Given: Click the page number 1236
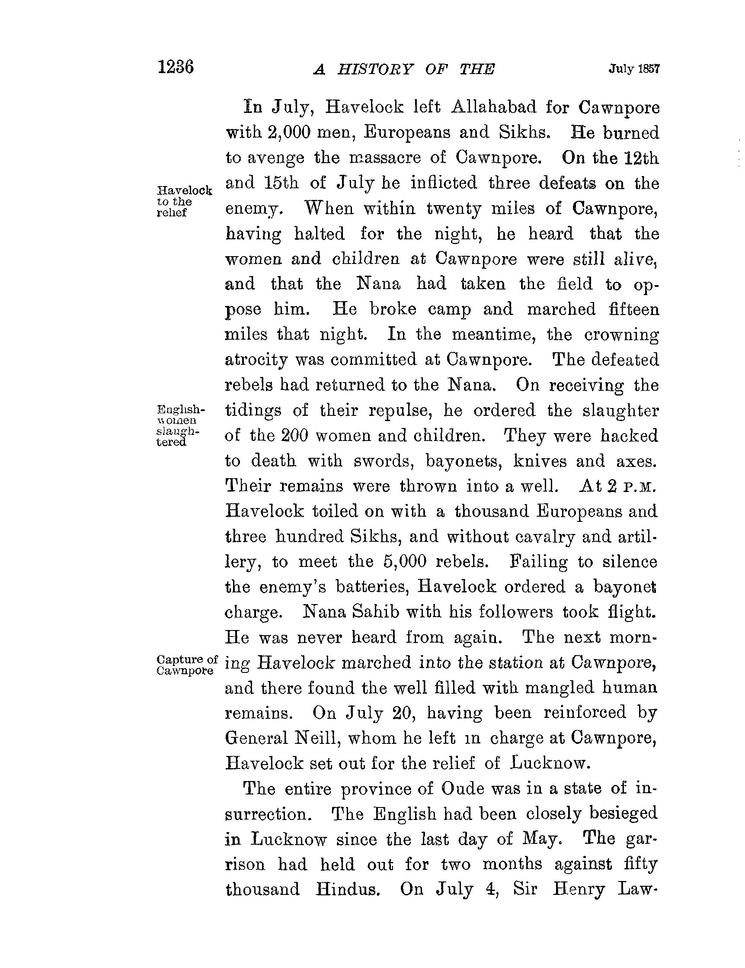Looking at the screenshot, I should pyautogui.click(x=176, y=68).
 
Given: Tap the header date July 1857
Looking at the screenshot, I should pyautogui.click(x=634, y=69).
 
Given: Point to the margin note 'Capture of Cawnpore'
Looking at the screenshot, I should pyautogui.click(x=187, y=665).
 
